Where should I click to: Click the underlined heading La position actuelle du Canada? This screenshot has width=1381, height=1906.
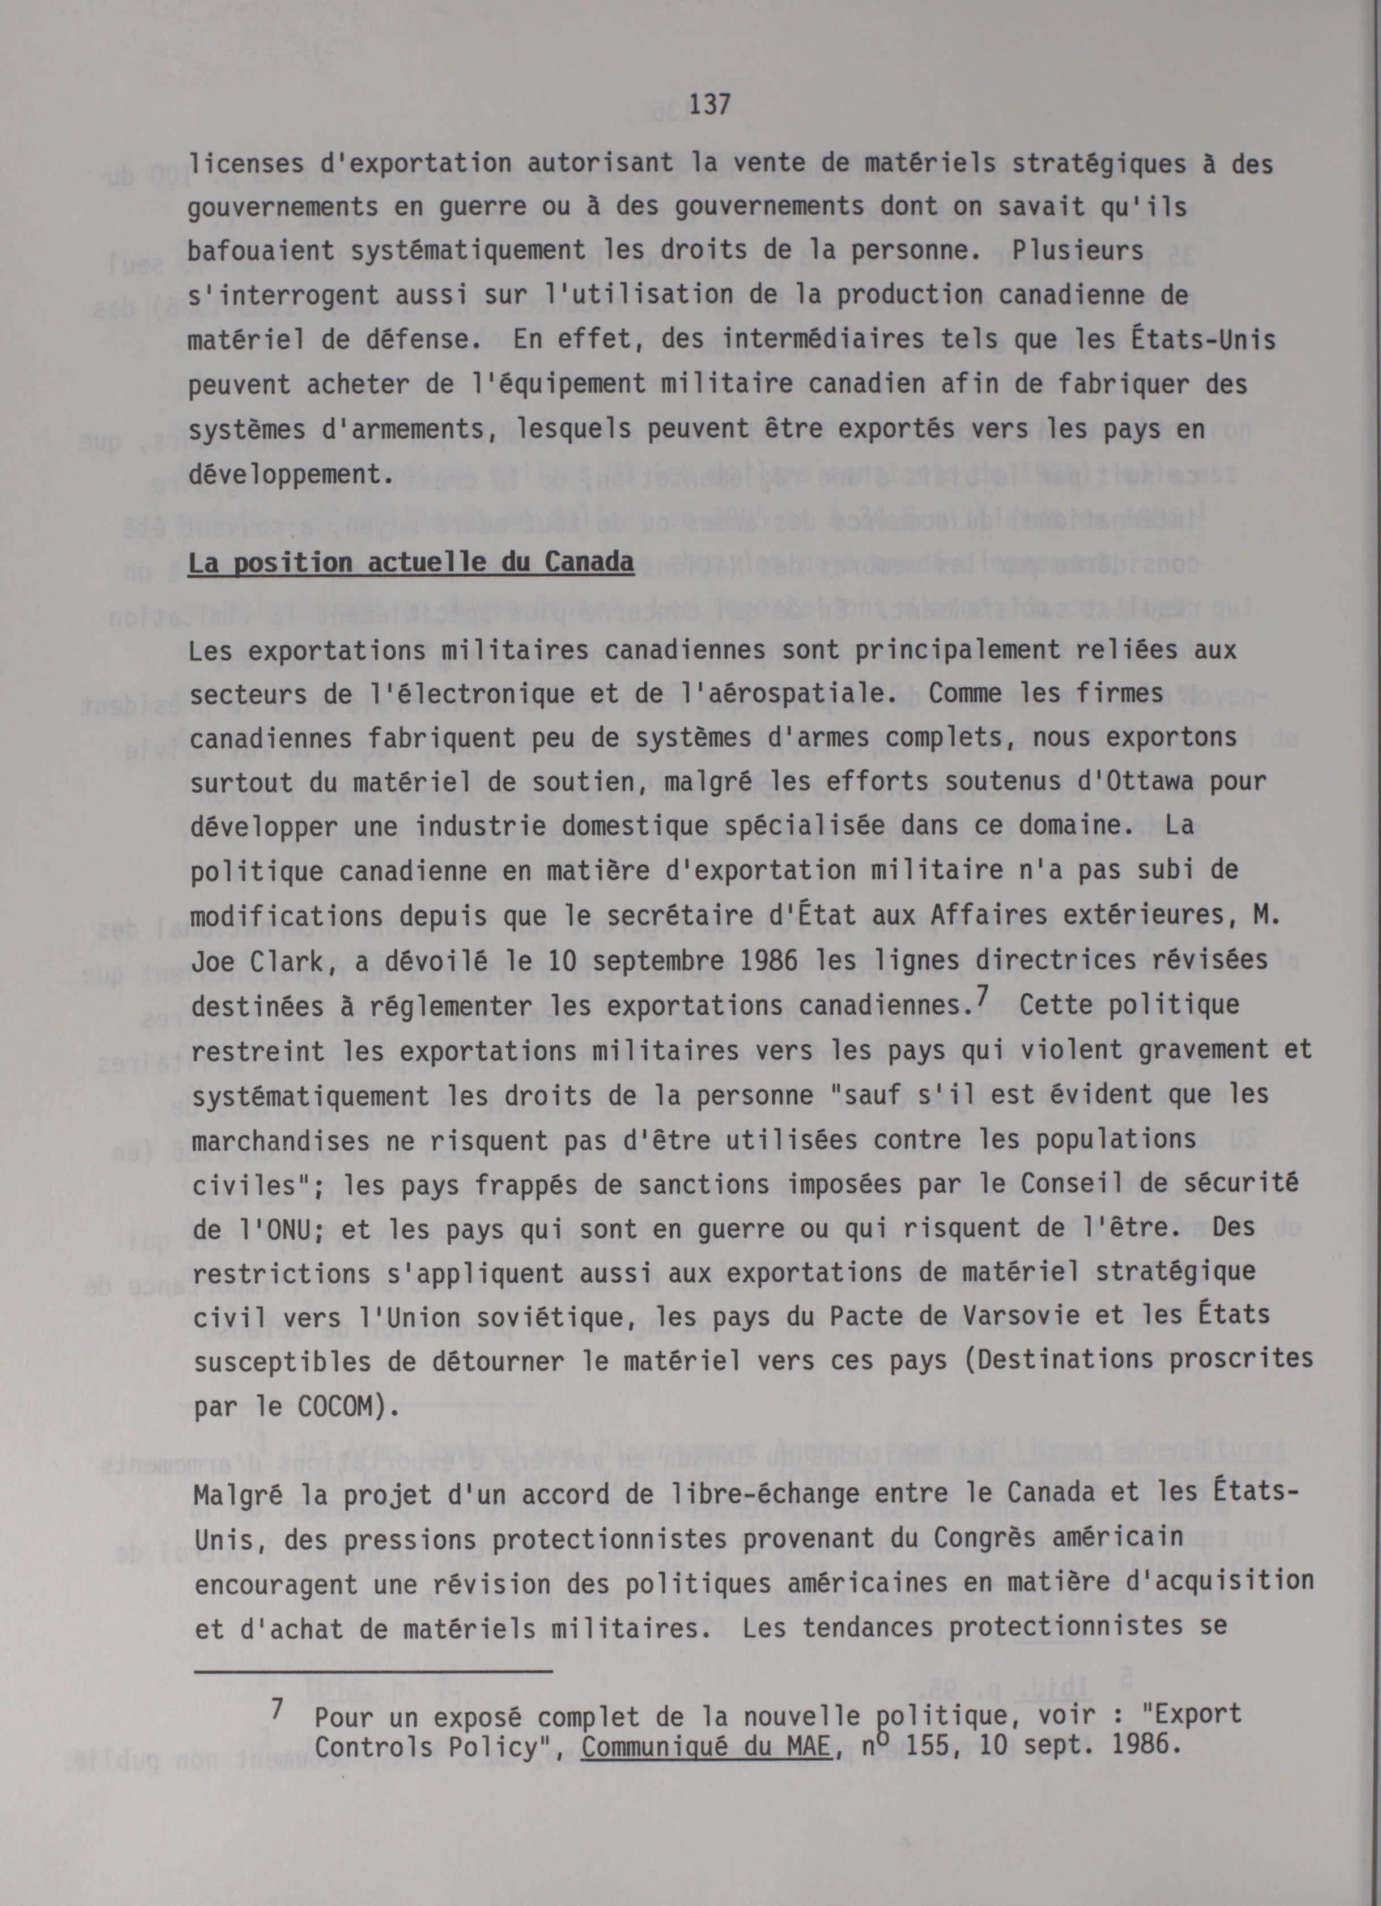pyautogui.click(x=410, y=562)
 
